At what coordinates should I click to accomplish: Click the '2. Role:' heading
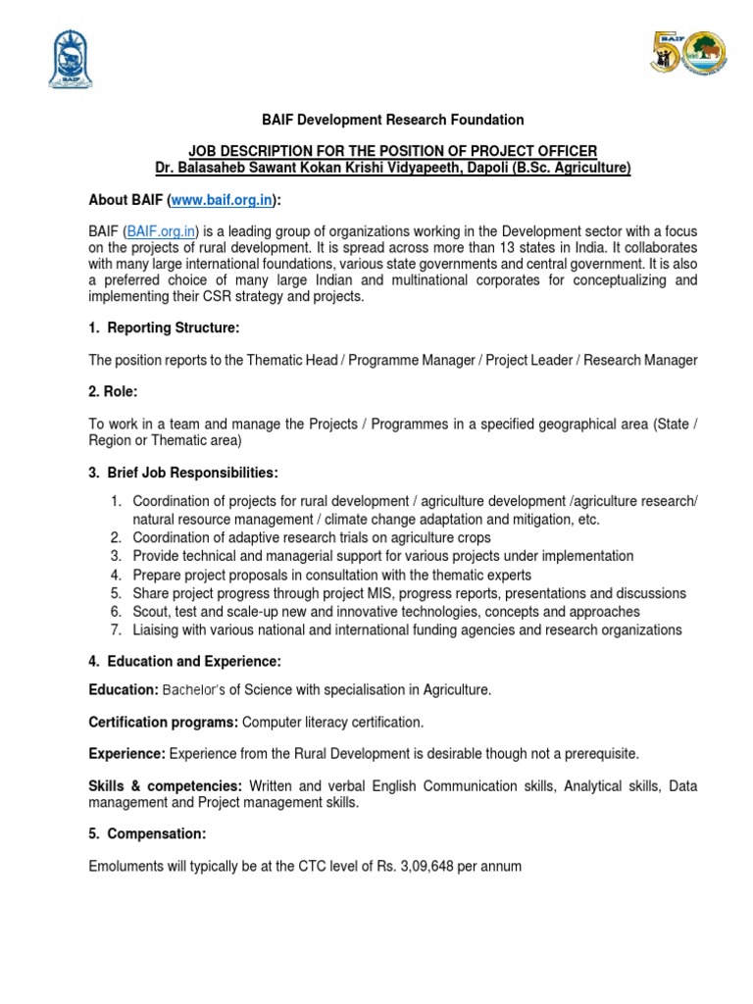pyautogui.click(x=113, y=392)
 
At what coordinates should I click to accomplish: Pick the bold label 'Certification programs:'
pyautogui.click(x=163, y=723)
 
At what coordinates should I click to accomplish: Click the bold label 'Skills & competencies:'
pyautogui.click(x=165, y=785)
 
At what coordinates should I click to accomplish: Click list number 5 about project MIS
pyautogui.click(x=115, y=594)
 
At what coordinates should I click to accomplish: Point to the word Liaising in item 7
pyautogui.click(x=158, y=629)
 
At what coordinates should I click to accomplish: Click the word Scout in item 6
pyautogui.click(x=150, y=612)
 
